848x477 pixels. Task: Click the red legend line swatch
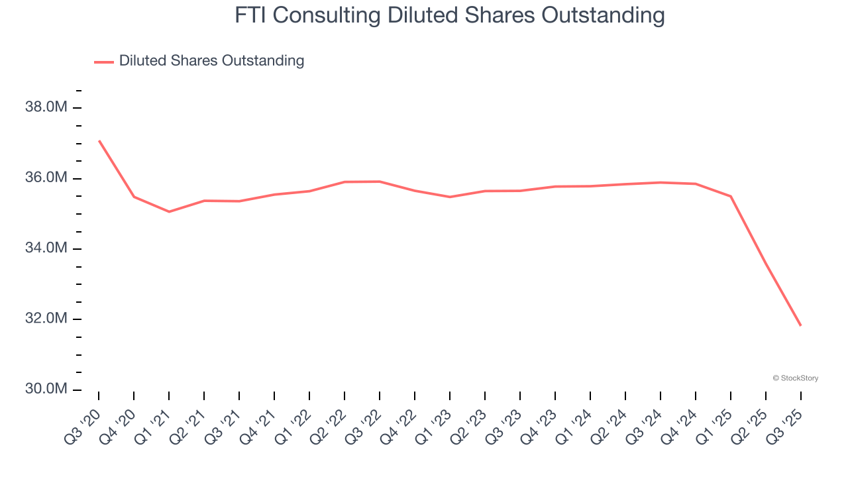(104, 62)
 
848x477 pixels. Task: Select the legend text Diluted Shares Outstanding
(211, 61)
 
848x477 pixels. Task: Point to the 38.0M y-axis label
(46, 107)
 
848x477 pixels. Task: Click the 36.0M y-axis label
(46, 178)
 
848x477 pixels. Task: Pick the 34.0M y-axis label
(46, 248)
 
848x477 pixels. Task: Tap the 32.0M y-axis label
(46, 319)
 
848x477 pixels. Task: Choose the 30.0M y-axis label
(46, 389)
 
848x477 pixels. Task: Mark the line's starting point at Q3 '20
(99, 140)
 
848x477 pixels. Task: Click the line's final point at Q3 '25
(801, 325)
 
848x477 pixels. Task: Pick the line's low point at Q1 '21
(169, 211)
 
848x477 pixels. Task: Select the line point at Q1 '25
(731, 196)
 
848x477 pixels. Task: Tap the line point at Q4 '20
(134, 197)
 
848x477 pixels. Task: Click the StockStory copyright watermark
(795, 378)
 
